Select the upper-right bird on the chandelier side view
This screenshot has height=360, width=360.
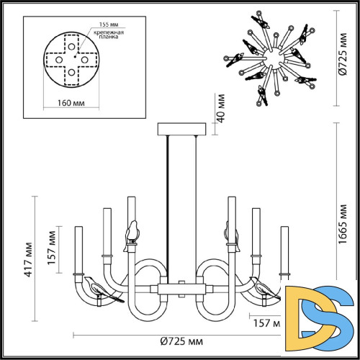pos(230,233)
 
